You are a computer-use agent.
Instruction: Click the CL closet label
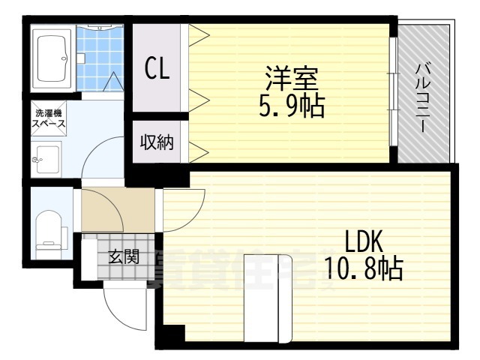pyautogui.click(x=157, y=69)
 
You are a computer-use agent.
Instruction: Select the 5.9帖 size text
pyautogui.click(x=291, y=105)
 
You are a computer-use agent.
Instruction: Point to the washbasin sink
pyautogui.click(x=46, y=158)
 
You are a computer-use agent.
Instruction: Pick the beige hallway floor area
pyautogui.click(x=109, y=211)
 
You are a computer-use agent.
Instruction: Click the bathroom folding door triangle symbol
pyautogui.click(x=112, y=82)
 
